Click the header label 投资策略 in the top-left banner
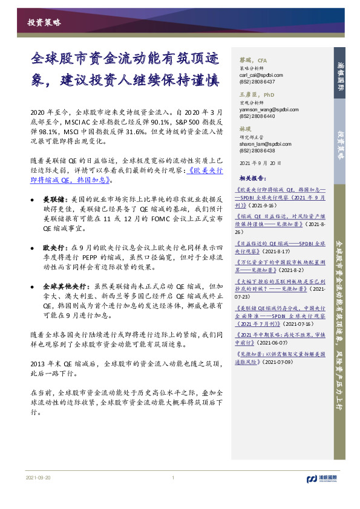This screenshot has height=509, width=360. (x=44, y=23)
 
